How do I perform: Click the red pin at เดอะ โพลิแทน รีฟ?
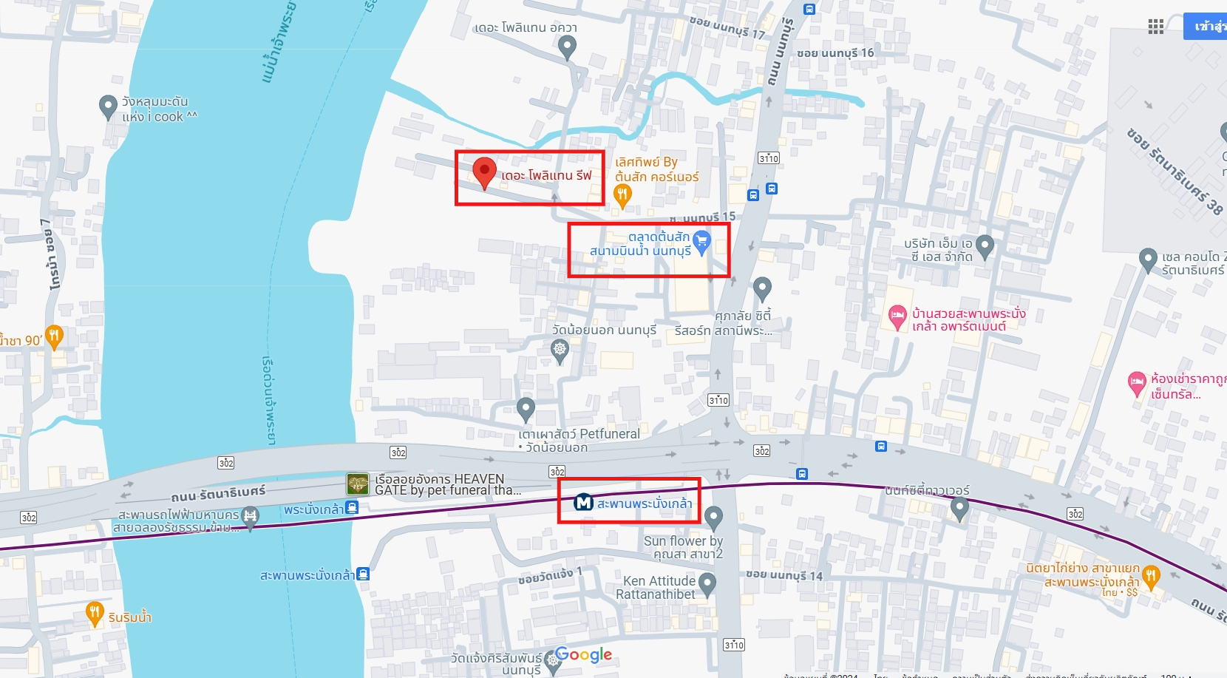(484, 172)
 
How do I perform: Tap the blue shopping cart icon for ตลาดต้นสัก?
(701, 241)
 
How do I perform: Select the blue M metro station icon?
(584, 503)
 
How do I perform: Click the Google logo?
(583, 654)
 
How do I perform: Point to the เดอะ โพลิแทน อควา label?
(526, 28)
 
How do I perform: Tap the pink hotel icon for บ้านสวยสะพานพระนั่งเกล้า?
(897, 317)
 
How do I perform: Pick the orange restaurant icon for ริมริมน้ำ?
(94, 612)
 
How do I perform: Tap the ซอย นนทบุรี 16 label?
(835, 53)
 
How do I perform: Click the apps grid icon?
(1156, 27)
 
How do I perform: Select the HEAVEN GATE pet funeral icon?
(358, 484)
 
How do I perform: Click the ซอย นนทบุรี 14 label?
(784, 575)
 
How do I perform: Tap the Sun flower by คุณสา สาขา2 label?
(683, 547)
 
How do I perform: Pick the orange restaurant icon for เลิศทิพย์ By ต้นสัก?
(622, 195)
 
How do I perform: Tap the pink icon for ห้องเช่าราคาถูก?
(1137, 383)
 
